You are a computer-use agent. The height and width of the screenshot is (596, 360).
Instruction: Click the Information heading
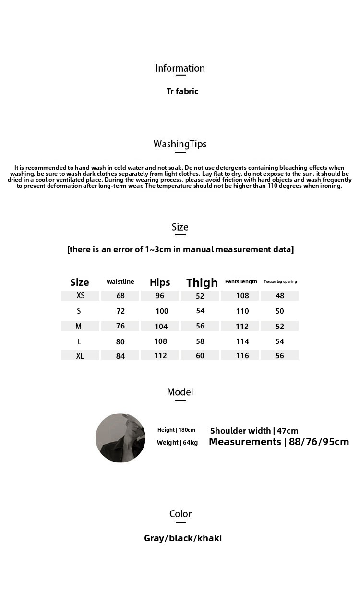click(180, 68)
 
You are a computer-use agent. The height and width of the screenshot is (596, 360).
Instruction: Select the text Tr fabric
click(182, 91)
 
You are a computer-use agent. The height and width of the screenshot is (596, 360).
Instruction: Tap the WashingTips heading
click(180, 144)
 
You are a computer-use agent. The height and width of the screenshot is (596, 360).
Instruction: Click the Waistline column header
click(120, 282)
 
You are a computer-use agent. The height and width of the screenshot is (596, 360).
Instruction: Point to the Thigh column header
click(202, 282)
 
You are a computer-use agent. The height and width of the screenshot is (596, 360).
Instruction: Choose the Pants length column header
click(241, 281)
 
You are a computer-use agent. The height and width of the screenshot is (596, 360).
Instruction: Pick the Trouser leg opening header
click(280, 282)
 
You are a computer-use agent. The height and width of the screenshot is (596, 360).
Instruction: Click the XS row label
click(80, 295)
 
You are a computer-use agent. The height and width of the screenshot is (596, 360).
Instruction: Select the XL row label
click(80, 356)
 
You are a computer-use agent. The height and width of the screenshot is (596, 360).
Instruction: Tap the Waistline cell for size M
click(120, 326)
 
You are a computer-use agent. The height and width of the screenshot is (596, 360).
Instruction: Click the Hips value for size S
click(162, 311)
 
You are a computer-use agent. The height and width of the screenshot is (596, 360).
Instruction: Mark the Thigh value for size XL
click(200, 356)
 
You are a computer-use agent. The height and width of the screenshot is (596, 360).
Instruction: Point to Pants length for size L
click(242, 341)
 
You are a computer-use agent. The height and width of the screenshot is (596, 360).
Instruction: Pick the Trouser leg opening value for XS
click(280, 296)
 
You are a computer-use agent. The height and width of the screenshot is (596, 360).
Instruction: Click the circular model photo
click(120, 438)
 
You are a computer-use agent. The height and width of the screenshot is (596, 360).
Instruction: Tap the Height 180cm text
click(176, 430)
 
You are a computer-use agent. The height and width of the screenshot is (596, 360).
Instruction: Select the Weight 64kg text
click(177, 443)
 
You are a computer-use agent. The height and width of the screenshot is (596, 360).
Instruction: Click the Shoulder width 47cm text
click(254, 431)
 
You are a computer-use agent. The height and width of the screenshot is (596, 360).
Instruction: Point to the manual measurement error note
click(180, 249)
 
